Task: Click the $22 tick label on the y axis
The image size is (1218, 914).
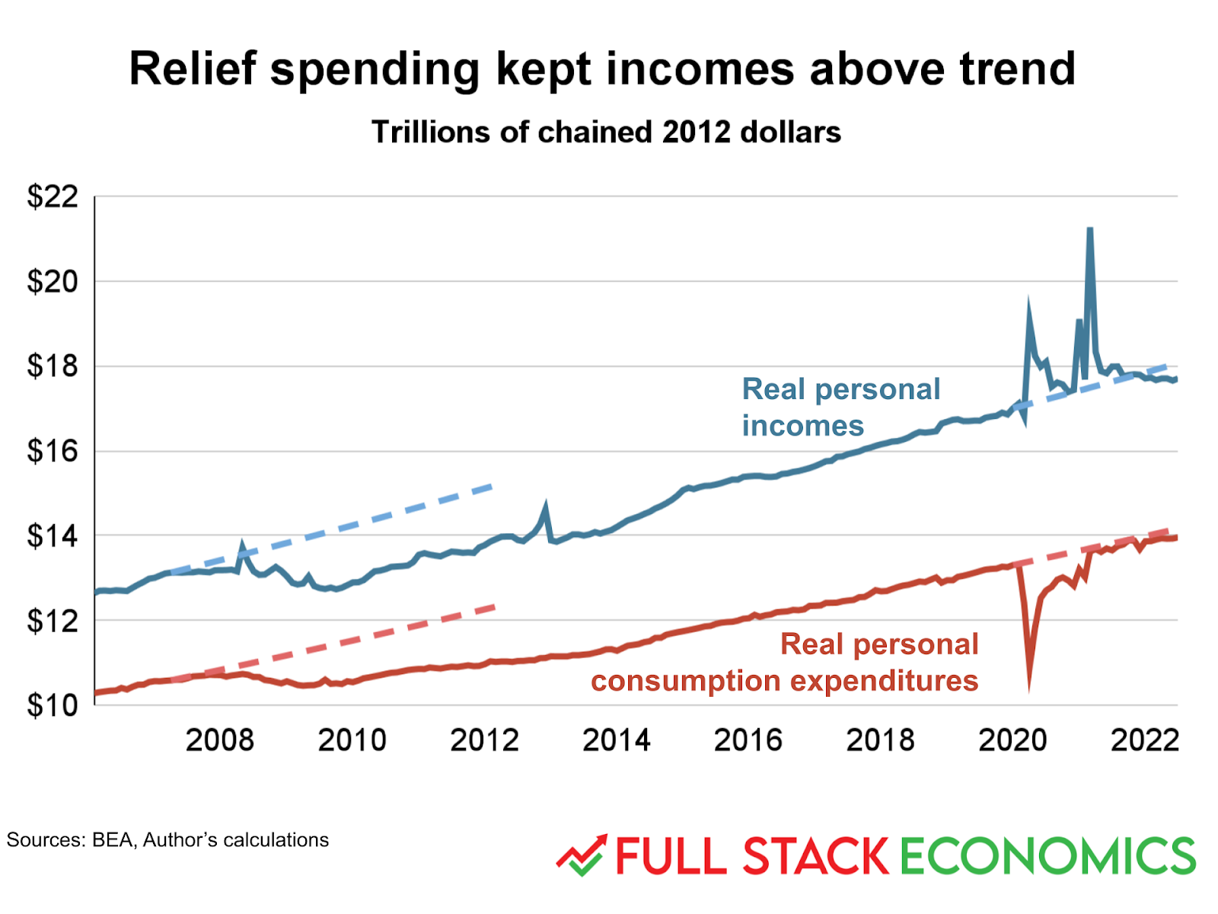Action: click(53, 197)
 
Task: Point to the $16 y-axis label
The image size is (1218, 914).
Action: click(53, 452)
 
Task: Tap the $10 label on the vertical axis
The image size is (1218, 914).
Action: click(53, 705)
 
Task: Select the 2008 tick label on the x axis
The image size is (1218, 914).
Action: click(219, 740)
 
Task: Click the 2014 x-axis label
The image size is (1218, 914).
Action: click(617, 740)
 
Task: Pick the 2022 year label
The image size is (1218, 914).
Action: click(1144, 740)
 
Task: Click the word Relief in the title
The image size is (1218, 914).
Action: click(193, 69)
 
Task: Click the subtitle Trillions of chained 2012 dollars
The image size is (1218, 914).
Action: click(606, 133)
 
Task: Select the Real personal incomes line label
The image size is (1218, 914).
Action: click(840, 407)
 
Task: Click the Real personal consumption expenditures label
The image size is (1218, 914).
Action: click(784, 663)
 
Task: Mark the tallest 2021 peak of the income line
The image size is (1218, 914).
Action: click(1090, 229)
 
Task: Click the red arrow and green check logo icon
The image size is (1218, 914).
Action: click(582, 855)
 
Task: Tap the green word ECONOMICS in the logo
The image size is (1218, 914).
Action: click(1047, 856)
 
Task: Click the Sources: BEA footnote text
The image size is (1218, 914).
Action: click(167, 840)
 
